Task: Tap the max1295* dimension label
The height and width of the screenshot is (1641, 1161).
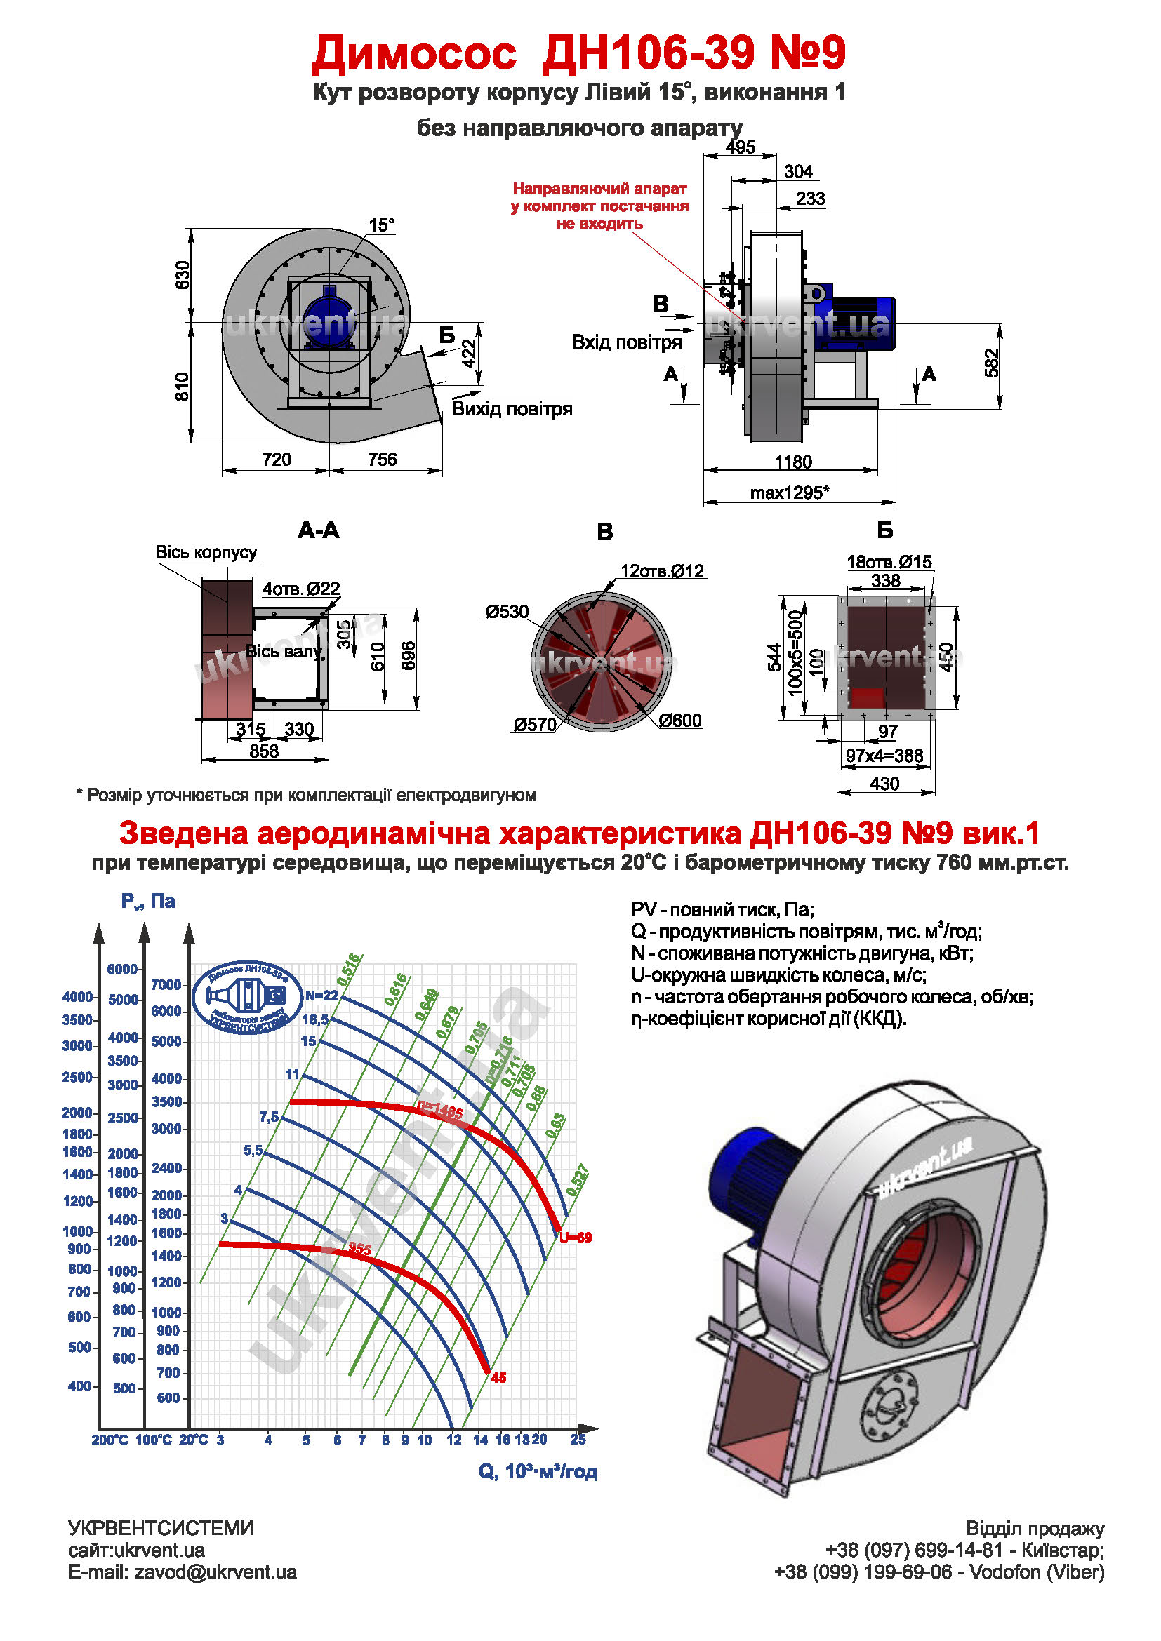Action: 789,493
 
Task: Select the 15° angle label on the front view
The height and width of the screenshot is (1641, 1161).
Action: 381,225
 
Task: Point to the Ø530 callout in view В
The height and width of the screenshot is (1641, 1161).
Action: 507,612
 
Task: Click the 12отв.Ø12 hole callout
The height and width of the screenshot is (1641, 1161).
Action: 662,571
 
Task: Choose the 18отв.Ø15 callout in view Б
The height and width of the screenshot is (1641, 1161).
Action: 889,562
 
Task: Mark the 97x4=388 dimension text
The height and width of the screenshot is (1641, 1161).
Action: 884,756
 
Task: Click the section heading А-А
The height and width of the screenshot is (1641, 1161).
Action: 318,530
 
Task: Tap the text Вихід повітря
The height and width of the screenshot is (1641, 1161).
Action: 512,409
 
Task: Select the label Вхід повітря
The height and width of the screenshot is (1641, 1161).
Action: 627,342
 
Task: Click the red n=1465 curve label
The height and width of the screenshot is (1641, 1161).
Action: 440,1112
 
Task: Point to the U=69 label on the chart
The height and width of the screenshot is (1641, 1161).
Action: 576,1238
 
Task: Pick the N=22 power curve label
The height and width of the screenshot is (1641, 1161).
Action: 321,996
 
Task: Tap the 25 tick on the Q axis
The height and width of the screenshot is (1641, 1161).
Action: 578,1440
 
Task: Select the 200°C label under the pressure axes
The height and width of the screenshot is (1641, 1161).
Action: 110,1440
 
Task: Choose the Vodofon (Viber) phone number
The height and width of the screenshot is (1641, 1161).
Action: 938,1572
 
